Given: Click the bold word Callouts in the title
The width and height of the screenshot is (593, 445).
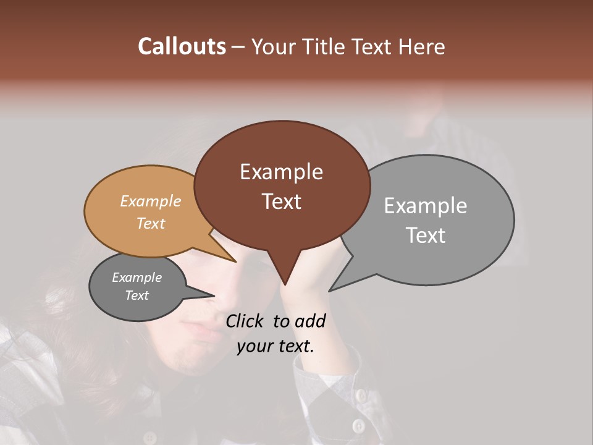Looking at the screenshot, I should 182,46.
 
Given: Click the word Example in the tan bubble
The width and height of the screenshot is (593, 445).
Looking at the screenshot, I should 151,201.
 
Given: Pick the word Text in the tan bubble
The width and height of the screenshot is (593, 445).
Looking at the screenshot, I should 151,223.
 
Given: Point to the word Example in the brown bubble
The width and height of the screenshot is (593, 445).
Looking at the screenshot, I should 281,172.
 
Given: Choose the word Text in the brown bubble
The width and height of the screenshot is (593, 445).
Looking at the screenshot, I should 281,201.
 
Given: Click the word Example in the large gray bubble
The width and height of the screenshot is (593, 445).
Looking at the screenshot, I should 426,206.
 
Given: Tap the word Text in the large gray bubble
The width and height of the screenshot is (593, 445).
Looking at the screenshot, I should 426,235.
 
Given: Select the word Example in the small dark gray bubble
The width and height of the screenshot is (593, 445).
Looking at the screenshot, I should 137,278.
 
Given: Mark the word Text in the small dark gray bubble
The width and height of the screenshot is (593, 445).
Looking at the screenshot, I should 137,295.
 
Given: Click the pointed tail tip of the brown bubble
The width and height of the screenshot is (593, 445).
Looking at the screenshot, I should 285,284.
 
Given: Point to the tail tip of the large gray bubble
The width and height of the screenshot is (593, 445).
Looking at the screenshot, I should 329,290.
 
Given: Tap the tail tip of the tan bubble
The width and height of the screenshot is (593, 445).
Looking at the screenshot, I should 236,261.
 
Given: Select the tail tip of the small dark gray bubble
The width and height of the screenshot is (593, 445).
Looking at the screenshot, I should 214,295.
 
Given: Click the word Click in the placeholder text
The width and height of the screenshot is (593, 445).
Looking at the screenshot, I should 245,321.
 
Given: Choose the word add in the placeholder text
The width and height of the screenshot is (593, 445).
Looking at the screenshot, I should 311,321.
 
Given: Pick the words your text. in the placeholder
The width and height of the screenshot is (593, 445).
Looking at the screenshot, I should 275,347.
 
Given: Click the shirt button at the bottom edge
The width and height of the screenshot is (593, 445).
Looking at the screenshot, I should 358,426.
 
